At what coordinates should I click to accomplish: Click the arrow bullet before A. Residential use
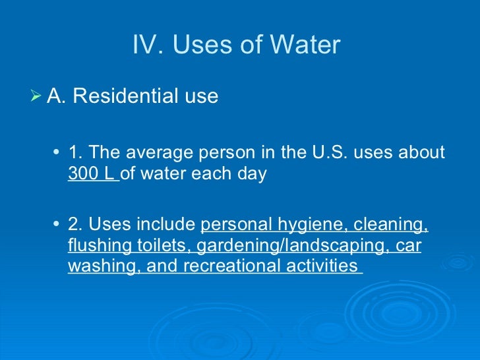[37, 96]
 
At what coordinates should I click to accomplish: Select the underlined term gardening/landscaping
[287, 247]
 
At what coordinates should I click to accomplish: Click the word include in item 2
[165, 225]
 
